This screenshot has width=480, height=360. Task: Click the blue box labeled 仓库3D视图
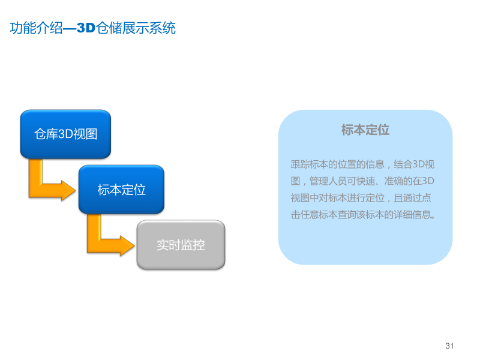click(66, 134)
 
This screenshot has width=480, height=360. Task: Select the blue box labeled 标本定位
click(121, 190)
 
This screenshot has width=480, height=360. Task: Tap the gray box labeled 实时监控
click(181, 245)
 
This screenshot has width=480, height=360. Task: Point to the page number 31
click(450, 346)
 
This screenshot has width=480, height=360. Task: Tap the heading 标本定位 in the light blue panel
click(365, 130)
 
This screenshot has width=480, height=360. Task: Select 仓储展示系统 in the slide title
click(136, 28)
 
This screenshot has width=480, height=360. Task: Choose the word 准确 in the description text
click(389, 181)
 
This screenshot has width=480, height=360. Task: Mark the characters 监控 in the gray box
click(193, 245)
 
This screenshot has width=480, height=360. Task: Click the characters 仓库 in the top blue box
click(46, 134)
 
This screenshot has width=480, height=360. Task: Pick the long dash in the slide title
click(70, 28)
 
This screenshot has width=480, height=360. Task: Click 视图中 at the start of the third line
click(306, 197)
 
